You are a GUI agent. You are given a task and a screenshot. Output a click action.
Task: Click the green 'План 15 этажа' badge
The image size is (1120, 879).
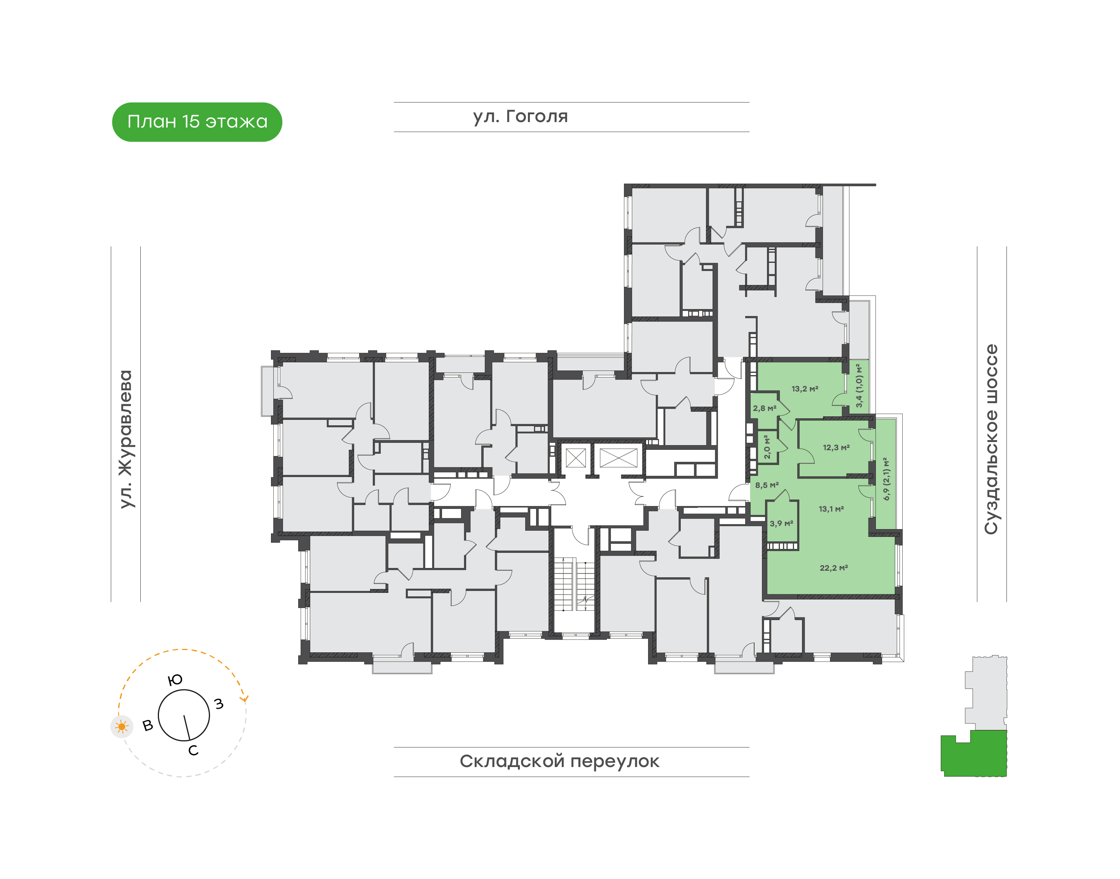pyautogui.click(x=197, y=122)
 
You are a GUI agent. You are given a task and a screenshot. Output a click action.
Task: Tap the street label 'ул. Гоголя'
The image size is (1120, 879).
pyautogui.click(x=521, y=117)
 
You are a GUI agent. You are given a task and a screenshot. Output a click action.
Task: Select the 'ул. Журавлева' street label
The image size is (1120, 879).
pyautogui.click(x=126, y=439)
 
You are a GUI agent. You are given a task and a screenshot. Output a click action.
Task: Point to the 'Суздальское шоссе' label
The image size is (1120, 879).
pyautogui.click(x=991, y=439)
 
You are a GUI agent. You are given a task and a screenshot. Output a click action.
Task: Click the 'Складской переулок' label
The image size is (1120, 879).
pyautogui.click(x=559, y=761)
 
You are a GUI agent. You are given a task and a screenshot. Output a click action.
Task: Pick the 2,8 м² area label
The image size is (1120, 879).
pyautogui.click(x=764, y=408)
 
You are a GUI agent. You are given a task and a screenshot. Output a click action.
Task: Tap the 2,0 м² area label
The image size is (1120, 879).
pyautogui.click(x=767, y=447)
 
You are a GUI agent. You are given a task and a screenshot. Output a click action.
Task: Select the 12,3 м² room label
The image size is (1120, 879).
pyautogui.click(x=836, y=447)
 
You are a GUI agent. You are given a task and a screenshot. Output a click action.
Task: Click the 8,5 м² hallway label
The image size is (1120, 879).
pyautogui.click(x=767, y=485)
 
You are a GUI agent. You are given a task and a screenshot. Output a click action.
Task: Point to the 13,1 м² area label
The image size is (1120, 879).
pyautogui.click(x=831, y=509)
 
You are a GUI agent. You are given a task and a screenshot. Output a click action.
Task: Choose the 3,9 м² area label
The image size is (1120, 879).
pyautogui.click(x=781, y=523)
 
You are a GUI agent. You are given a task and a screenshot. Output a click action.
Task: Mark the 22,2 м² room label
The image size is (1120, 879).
pyautogui.click(x=834, y=568)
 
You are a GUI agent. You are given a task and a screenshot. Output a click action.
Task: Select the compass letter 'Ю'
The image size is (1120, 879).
pyautogui.click(x=175, y=680)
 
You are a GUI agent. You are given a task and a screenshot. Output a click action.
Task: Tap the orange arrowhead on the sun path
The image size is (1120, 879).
pyautogui.click(x=245, y=698)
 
